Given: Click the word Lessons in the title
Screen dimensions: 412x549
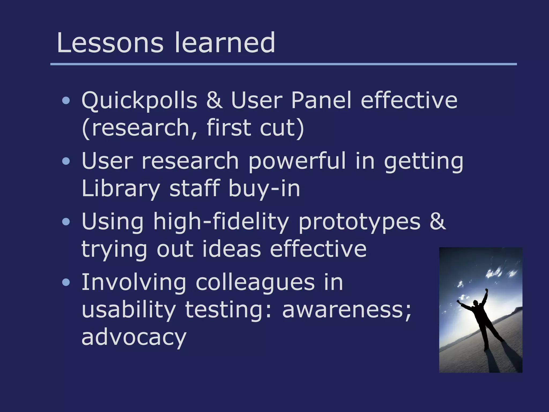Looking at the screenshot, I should (110, 43).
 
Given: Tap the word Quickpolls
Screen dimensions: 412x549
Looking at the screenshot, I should (139, 101).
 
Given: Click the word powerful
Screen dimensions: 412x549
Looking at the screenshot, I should (297, 161).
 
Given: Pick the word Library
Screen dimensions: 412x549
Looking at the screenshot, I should (121, 189).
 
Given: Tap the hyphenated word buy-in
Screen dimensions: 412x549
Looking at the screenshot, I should (264, 189).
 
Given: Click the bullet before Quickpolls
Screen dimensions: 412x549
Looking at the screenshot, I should (66, 101).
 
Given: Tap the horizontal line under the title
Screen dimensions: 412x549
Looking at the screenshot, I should (283, 64).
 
